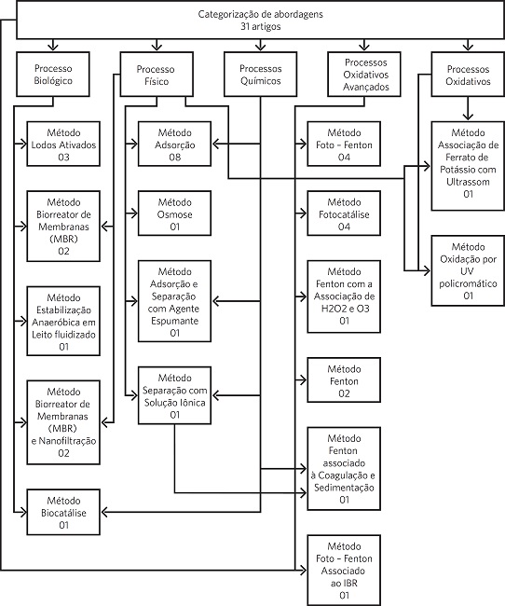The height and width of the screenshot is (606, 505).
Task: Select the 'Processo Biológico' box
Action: [x=52, y=75]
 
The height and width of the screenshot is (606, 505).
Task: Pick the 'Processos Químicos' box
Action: [x=260, y=75]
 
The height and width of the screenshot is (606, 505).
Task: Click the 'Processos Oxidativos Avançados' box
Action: [x=365, y=75]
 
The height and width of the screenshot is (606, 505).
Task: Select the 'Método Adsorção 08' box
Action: [x=174, y=145]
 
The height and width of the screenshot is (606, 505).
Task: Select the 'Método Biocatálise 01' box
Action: [x=62, y=513]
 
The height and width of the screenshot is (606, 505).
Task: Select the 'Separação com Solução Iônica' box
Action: [x=174, y=395]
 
